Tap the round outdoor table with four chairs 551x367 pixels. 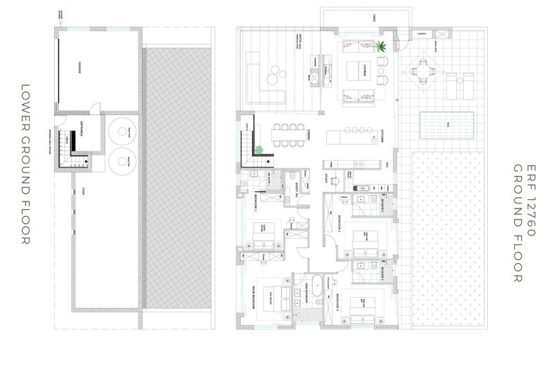click(422, 71)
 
